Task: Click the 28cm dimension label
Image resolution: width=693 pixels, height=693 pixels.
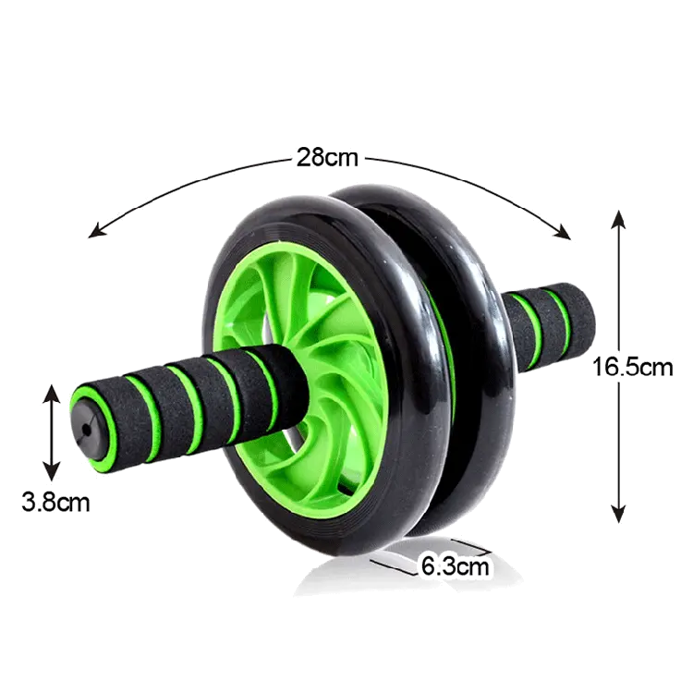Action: pyautogui.click(x=326, y=156)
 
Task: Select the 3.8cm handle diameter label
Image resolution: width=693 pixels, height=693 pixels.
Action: pyautogui.click(x=57, y=505)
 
